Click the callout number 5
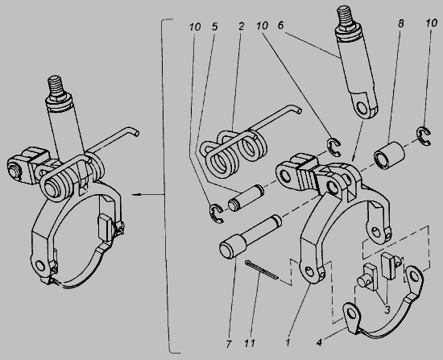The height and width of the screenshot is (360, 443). (215, 27)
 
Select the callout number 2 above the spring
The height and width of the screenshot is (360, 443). (241, 27)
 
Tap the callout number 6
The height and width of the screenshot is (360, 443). (280, 26)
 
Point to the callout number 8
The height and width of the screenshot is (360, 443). (400, 23)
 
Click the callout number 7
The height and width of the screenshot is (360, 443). (229, 344)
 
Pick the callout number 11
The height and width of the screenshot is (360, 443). (250, 343)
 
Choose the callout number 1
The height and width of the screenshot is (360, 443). (288, 343)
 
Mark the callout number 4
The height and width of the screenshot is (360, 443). (319, 343)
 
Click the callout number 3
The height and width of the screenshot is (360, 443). (387, 310)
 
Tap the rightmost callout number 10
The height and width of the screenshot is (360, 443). (432, 23)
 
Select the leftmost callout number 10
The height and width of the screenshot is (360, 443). (195, 27)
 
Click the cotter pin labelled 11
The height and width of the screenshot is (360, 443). (262, 270)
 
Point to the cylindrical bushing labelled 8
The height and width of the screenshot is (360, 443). (389, 156)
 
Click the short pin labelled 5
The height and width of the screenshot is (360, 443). (246, 197)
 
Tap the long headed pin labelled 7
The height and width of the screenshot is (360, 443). (250, 237)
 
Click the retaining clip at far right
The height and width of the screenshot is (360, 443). (424, 137)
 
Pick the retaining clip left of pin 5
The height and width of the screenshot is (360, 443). (217, 213)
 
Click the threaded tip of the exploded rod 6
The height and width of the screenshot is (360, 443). (344, 16)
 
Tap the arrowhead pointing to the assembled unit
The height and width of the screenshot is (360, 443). (135, 194)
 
